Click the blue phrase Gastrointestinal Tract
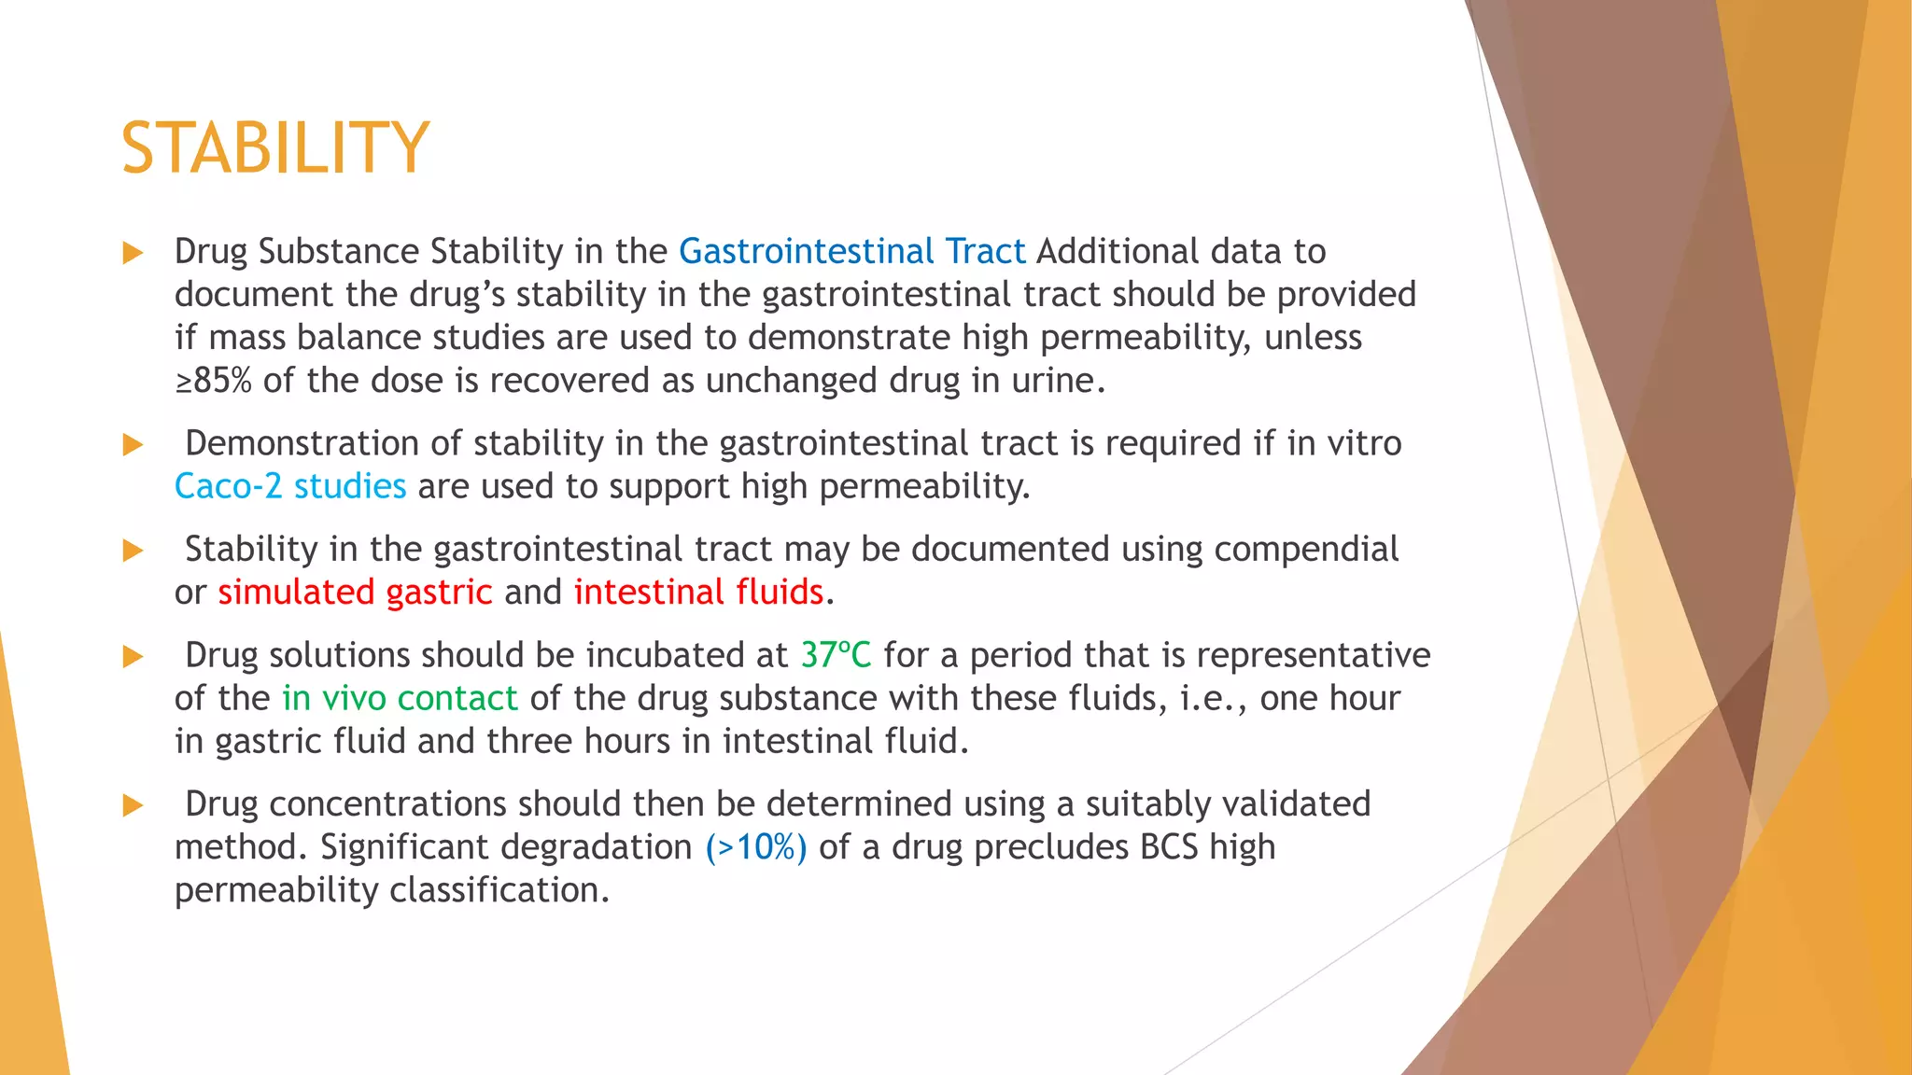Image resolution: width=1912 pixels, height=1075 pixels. point(851,251)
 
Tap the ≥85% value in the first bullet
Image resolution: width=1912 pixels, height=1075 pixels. point(213,381)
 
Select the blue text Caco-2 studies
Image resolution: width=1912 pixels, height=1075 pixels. point(290,486)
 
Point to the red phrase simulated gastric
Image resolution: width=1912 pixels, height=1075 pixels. point(355,593)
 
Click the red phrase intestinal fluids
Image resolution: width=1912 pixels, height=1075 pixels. point(698,593)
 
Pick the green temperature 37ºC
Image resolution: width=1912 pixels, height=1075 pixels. point(836,655)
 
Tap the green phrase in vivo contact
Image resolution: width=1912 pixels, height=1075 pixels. point(400,698)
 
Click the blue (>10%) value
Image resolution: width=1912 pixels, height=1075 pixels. point(756,847)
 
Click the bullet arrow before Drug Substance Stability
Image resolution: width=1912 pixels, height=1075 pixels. point(133,253)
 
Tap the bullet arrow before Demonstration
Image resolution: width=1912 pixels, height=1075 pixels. point(133,444)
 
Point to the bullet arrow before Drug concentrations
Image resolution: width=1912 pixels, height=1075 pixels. point(133,805)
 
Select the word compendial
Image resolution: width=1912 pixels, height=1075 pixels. point(1306,550)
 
